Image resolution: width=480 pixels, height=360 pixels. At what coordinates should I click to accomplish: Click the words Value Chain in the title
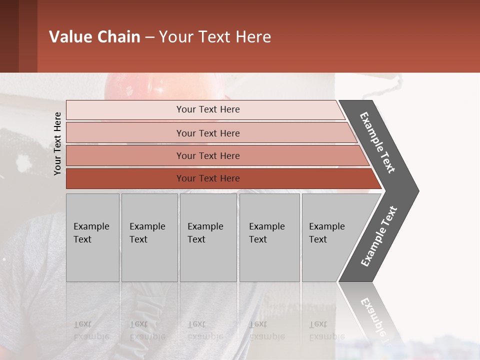94,37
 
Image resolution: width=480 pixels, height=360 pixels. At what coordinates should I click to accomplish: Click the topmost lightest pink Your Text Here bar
150,110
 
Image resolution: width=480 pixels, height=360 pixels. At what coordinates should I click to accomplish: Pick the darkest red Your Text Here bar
125,178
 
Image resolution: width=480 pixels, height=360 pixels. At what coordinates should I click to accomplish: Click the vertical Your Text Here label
57,143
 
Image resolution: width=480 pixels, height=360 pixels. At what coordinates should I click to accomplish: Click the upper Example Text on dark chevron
377,142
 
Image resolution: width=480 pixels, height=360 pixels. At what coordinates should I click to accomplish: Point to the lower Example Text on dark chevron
379,236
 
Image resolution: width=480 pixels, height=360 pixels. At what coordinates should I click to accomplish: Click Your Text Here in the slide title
215,37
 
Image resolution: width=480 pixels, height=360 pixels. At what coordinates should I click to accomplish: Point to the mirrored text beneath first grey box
91,330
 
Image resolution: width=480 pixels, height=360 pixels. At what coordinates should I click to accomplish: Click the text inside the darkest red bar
208,178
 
